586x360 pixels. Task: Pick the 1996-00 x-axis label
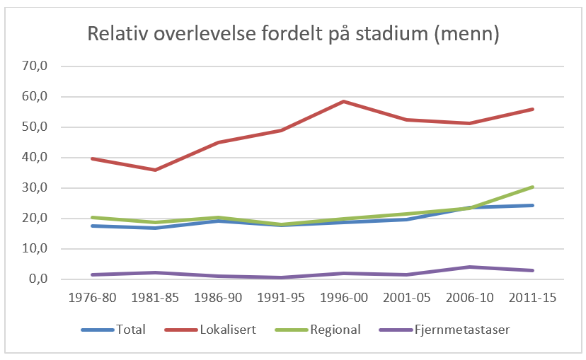pos(343,298)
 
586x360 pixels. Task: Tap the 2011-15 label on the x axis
pos(532,298)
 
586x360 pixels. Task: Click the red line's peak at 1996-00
pos(343,101)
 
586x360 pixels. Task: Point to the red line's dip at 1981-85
pos(154,170)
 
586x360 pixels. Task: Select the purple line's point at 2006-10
pos(469,267)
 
